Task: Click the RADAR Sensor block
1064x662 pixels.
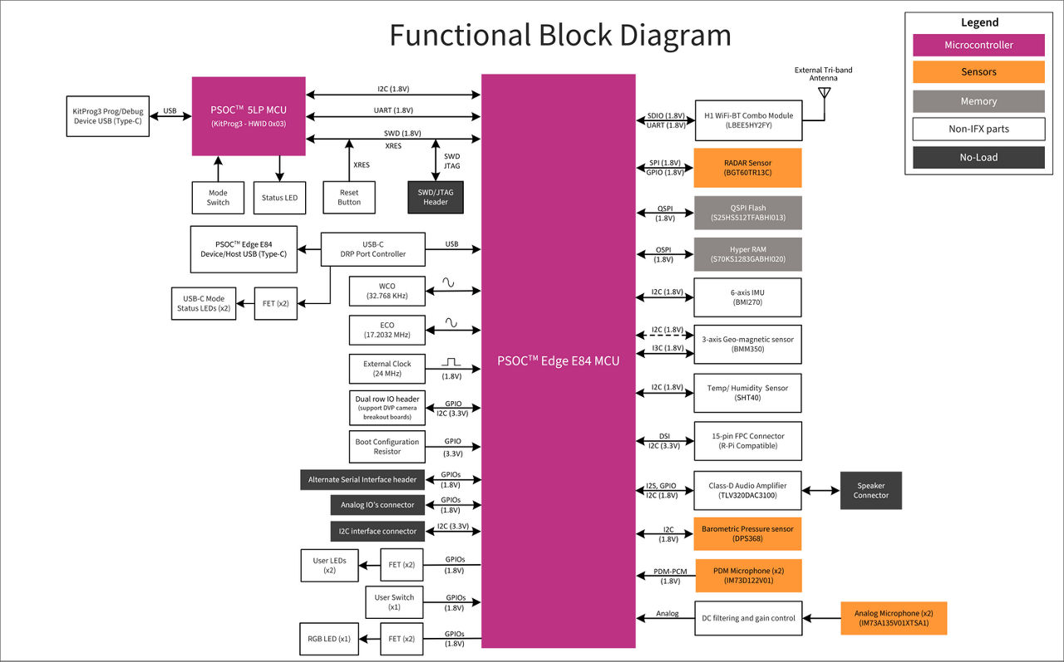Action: coord(747,168)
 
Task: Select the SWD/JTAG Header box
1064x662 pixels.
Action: coord(436,197)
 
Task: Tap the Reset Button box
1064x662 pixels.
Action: coord(349,197)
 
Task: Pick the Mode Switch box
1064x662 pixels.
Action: coord(218,197)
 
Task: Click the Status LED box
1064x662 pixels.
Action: coord(279,197)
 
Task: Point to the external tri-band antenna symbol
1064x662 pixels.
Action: coord(824,93)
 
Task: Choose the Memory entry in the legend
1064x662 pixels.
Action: coord(978,101)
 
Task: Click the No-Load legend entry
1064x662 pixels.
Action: coord(978,157)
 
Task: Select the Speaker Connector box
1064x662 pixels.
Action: coord(870,490)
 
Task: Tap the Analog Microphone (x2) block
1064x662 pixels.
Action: coord(894,618)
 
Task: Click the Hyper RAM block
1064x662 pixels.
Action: coord(747,254)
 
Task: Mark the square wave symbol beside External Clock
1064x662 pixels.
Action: coord(451,362)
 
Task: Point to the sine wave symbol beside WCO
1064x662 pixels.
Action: coord(449,282)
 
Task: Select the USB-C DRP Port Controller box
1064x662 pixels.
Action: coord(372,249)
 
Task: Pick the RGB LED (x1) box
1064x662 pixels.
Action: coord(329,639)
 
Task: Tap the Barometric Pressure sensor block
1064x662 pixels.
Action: coord(747,533)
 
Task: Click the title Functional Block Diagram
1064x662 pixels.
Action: coord(560,36)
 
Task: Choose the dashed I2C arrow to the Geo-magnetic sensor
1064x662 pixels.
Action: coord(664,336)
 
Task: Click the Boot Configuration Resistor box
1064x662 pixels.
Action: coord(387,447)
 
